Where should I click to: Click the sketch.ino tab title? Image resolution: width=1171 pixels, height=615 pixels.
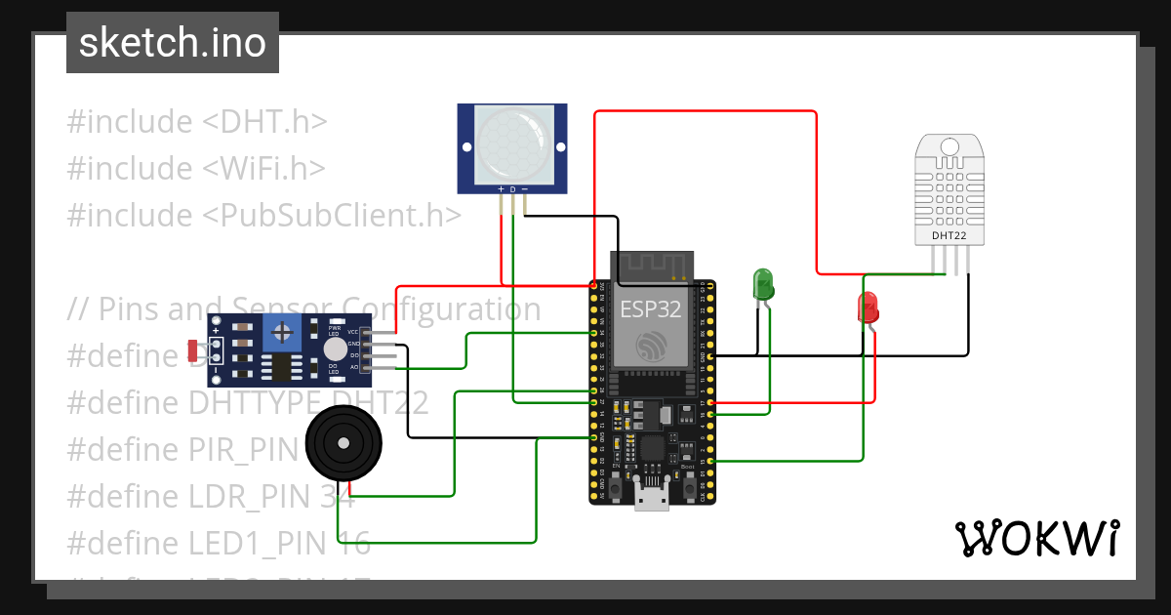[x=172, y=43]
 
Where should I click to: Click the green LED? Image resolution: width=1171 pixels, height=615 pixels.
[x=762, y=285]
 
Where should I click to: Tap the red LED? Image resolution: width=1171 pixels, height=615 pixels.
[x=868, y=309]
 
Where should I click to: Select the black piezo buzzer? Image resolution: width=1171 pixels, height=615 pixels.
[x=343, y=444]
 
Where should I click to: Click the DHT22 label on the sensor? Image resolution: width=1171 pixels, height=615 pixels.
[x=949, y=235]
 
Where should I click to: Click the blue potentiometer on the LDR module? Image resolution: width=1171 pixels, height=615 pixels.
[x=283, y=334]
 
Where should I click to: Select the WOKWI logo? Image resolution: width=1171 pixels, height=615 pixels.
[x=1036, y=538]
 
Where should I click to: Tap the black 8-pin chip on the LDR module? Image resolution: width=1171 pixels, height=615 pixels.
[x=279, y=367]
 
